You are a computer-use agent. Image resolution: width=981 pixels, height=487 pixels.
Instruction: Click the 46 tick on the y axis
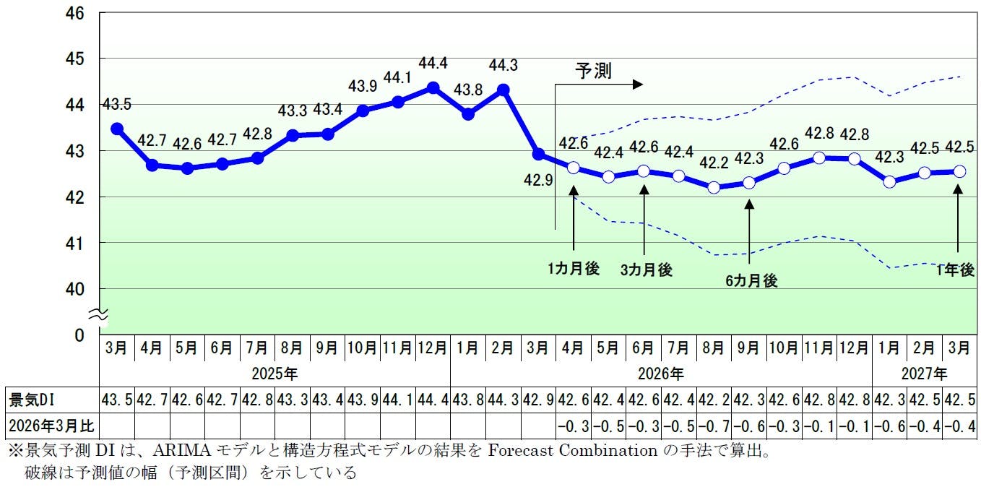click(76, 13)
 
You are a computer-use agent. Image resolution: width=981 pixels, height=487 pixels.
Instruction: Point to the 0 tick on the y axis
click(79, 335)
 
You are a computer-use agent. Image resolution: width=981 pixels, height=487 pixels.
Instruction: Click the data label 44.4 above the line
click(433, 64)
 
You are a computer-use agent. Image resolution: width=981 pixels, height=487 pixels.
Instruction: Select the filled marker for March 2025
click(116, 129)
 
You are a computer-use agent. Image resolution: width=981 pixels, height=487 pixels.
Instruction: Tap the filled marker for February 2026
click(504, 90)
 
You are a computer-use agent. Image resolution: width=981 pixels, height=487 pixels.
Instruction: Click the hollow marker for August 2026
click(714, 187)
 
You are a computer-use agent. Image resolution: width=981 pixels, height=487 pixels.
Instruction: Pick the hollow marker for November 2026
click(819, 158)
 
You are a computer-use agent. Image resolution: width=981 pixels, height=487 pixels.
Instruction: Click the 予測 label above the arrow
click(593, 70)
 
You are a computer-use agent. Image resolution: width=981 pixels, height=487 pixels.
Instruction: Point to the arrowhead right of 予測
click(637, 85)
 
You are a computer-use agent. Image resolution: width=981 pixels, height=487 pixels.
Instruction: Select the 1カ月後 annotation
click(573, 269)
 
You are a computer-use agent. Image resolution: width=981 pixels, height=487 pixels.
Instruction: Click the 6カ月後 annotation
click(751, 281)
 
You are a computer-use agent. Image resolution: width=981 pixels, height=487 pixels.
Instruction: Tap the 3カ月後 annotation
click(646, 270)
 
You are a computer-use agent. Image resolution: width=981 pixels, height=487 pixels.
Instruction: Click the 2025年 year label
click(275, 374)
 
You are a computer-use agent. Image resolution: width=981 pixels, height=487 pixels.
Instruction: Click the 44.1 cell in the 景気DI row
click(398, 399)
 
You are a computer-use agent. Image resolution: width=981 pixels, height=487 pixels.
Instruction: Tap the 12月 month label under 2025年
click(433, 348)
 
